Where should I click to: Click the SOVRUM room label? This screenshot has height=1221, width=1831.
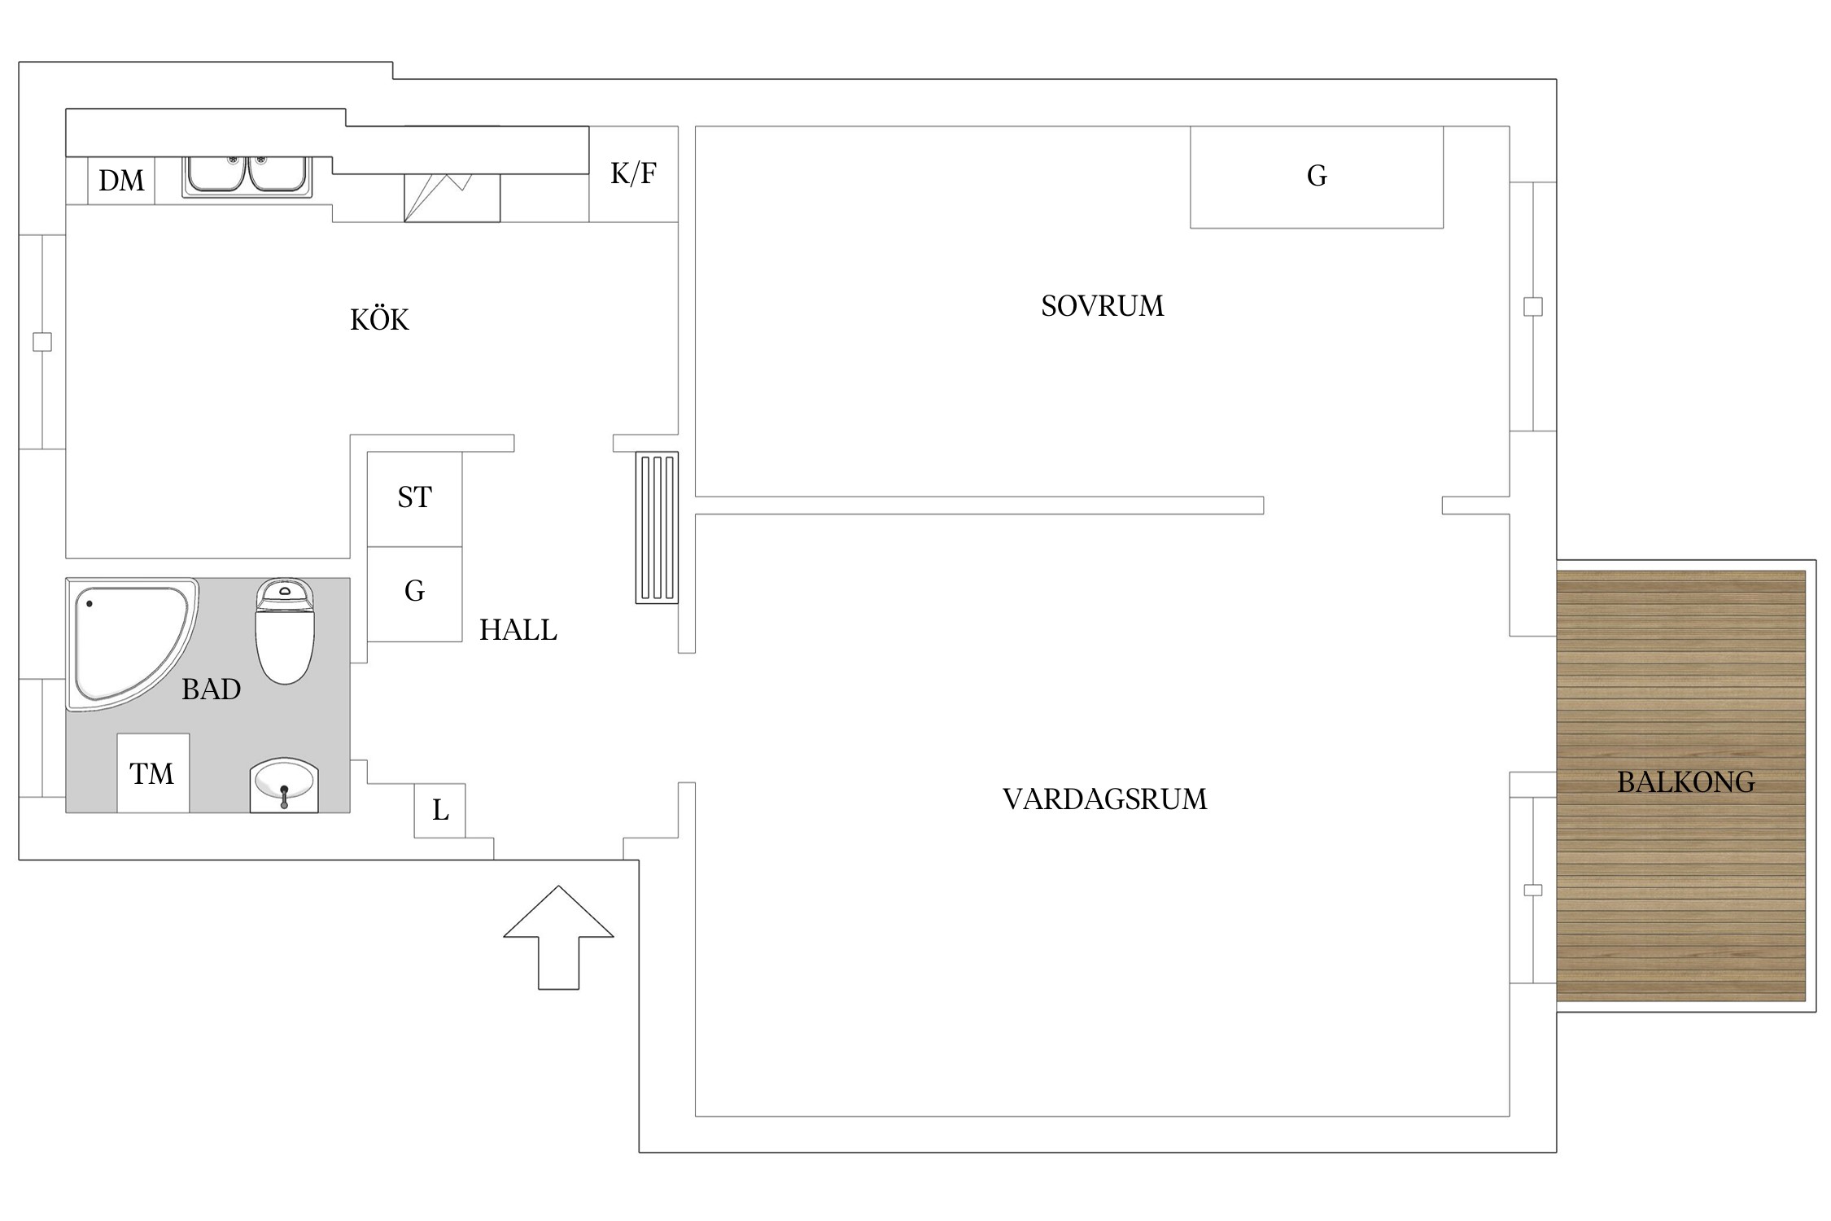pos(1102,306)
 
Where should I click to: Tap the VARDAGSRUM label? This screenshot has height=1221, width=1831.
pos(1104,799)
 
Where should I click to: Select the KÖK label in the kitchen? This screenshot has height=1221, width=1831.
pos(379,320)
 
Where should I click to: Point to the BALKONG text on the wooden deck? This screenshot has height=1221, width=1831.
pos(1685,782)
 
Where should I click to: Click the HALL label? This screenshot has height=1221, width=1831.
pos(518,630)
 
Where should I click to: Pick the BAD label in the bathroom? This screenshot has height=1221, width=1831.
pos(211,689)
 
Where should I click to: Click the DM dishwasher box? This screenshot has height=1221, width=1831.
pos(121,181)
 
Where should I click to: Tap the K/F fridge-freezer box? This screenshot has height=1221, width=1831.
pos(633,173)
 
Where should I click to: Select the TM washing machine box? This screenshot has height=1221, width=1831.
pos(152,773)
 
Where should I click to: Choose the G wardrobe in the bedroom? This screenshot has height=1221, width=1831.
pos(1316,177)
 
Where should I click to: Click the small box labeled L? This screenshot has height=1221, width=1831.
pos(439,811)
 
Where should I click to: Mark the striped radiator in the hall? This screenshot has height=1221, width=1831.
pos(657,527)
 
